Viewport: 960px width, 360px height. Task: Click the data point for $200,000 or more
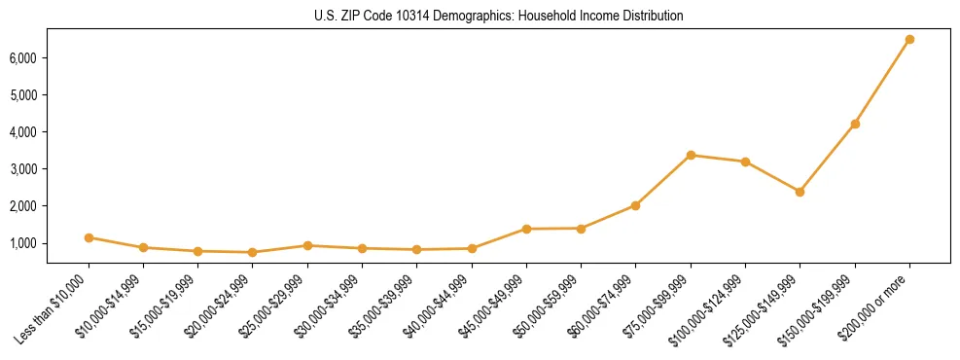pyautogui.click(x=909, y=40)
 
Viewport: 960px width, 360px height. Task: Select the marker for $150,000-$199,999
pyautogui.click(x=855, y=124)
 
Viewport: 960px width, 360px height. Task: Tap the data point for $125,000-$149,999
pyautogui.click(x=800, y=192)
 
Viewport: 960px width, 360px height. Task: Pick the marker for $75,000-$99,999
pyautogui.click(x=691, y=155)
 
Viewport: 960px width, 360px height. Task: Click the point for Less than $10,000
pyautogui.click(x=89, y=237)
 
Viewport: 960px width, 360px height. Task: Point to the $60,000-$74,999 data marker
pyautogui.click(x=635, y=205)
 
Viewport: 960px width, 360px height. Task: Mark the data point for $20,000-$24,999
pyautogui.click(x=253, y=252)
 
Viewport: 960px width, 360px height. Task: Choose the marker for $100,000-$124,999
pyautogui.click(x=745, y=162)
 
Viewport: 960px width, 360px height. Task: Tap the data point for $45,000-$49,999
pyautogui.click(x=526, y=229)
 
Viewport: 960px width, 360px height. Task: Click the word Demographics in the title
pyautogui.click(x=418, y=17)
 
